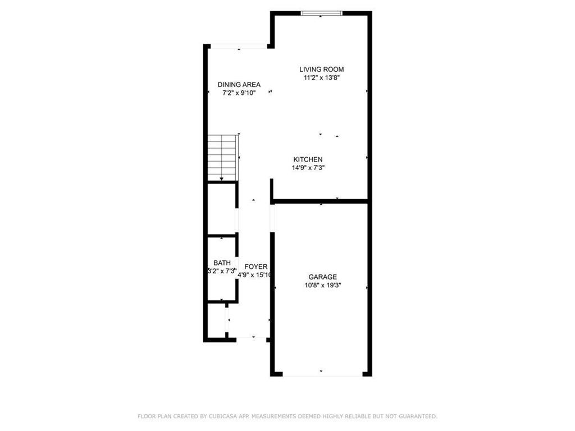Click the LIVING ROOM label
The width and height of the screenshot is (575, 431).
click(321, 70)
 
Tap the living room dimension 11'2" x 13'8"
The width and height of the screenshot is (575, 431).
click(321, 79)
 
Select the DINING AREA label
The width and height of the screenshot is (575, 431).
click(239, 85)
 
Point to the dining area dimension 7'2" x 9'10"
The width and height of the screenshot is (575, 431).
click(239, 93)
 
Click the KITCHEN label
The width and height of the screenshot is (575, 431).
click(307, 159)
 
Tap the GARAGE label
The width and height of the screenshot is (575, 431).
click(322, 277)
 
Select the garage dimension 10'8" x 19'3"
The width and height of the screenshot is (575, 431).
click(322, 285)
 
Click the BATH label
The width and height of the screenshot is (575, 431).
click(222, 263)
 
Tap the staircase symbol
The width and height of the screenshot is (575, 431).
click(222, 158)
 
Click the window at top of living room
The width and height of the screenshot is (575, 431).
click(321, 13)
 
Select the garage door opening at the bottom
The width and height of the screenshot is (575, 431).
click(322, 374)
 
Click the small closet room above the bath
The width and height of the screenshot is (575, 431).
click(221, 208)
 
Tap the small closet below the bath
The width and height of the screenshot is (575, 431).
click(216, 320)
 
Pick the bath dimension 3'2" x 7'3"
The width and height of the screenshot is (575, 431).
click(221, 271)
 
